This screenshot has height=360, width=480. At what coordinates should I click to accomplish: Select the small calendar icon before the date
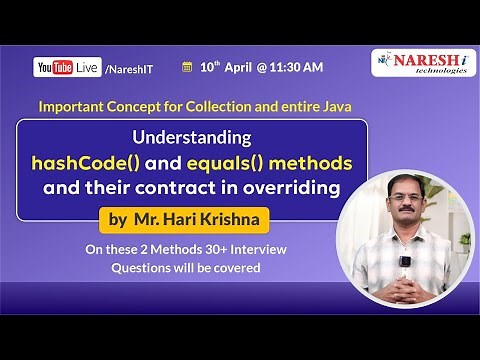[186, 67]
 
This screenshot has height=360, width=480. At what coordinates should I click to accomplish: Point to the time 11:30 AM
[296, 67]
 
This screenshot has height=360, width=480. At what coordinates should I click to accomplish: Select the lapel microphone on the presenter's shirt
[407, 261]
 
